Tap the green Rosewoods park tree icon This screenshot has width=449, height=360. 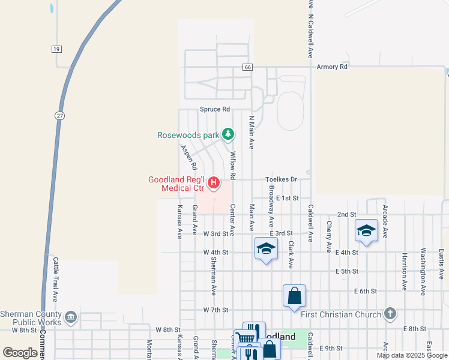pyautogui.click(x=228, y=134)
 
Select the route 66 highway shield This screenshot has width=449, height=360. pyautogui.click(x=247, y=67)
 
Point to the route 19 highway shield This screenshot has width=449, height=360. pyautogui.click(x=56, y=49)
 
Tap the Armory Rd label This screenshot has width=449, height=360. pyautogui.click(x=332, y=67)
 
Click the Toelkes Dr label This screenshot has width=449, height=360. pyautogui.click(x=282, y=179)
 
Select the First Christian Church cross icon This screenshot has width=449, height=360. pyautogui.click(x=390, y=313)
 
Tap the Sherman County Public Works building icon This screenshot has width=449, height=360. pyautogui.click(x=71, y=317)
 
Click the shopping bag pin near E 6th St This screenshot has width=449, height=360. pyautogui.click(x=294, y=296)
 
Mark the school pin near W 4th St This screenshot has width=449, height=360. pyautogui.click(x=265, y=249)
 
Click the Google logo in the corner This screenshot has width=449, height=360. pyautogui.click(x=20, y=353)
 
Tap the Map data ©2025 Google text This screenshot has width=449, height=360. pyautogui.click(x=411, y=355)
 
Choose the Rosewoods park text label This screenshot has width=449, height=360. pyautogui.click(x=188, y=135)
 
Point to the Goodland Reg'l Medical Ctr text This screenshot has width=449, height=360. pyautogui.click(x=177, y=184)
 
